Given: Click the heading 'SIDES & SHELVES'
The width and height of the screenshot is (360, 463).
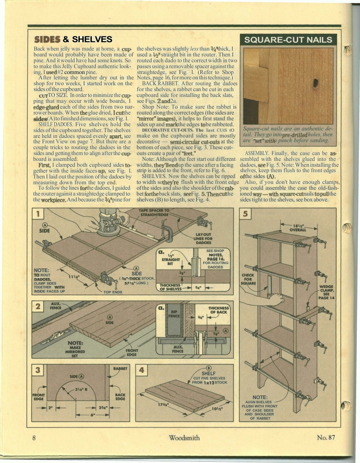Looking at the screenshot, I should [73, 40].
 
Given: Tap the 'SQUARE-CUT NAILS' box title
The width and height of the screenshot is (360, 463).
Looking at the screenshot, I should [288, 40].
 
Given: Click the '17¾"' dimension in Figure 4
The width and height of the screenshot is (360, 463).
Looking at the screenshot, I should [159, 404].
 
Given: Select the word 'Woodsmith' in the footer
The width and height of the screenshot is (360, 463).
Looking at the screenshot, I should [184, 438].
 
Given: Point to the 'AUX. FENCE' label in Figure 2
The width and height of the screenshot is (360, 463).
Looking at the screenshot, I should [56, 305].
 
